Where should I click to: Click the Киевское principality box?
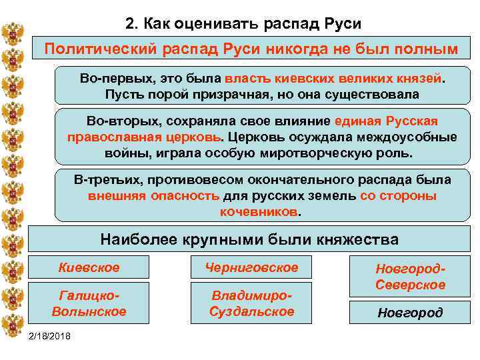[89, 268]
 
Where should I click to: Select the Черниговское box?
[251, 268]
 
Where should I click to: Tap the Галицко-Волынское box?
[89, 303]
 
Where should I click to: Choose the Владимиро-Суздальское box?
[251, 303]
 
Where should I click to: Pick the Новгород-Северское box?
[410, 277]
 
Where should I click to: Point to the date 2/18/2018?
[52, 334]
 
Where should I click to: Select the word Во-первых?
[109, 79]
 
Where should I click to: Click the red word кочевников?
[259, 212]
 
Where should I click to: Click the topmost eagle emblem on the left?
[12, 33]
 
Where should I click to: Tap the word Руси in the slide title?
[339, 24]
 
